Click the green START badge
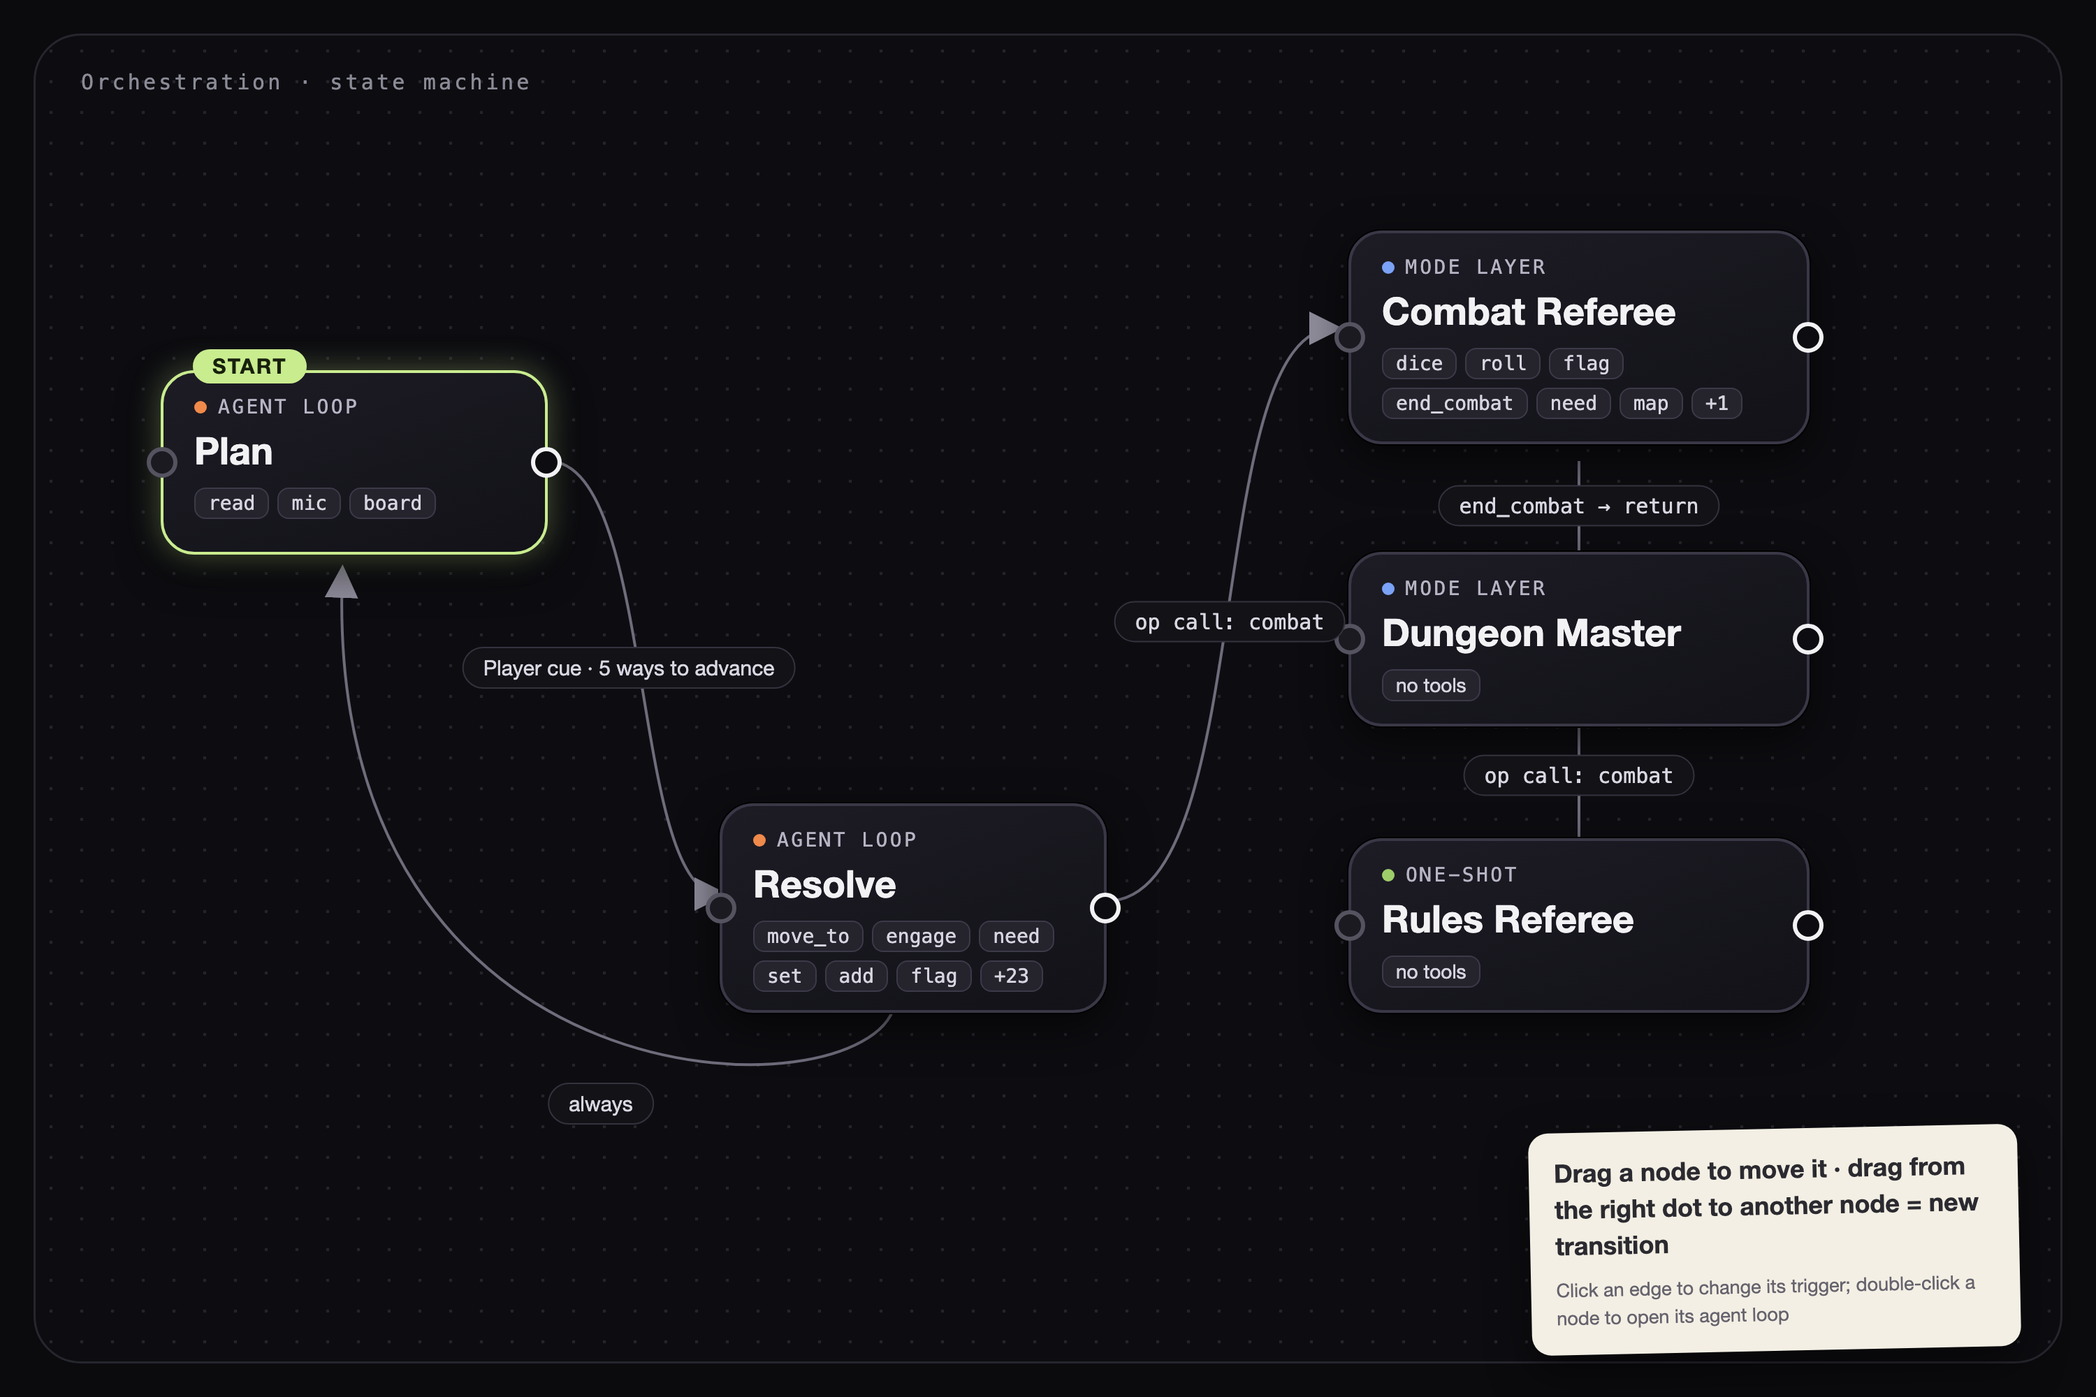tap(249, 366)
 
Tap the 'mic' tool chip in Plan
tap(308, 504)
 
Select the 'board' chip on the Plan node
tap(392, 504)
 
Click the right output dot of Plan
tap(546, 462)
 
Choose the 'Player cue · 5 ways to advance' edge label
tap(628, 668)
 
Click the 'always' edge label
tap(601, 1104)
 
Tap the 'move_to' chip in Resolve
tap(808, 937)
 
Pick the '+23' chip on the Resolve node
tap(1010, 976)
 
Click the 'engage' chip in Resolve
tap(921, 937)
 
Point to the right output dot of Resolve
tap(1105, 908)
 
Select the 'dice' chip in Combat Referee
tap(1419, 363)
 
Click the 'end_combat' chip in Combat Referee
tap(1455, 404)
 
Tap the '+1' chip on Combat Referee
tap(1717, 404)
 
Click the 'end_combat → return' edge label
tap(1578, 506)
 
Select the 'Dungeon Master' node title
tap(1531, 634)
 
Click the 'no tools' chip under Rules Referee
tap(1430, 972)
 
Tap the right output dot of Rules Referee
tap(1807, 926)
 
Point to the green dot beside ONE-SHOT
tap(1388, 875)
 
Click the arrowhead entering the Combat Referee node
tap(1323, 328)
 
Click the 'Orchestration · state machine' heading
tap(306, 82)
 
